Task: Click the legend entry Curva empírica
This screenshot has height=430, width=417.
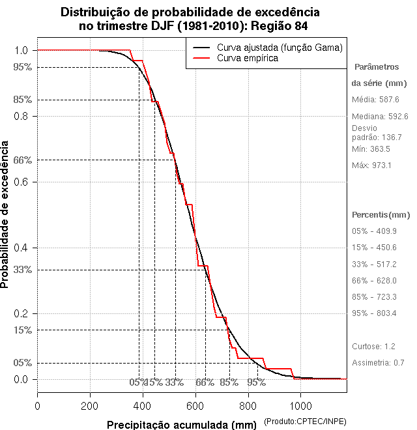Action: (x=247, y=59)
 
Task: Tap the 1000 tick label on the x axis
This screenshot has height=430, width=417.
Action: (x=300, y=405)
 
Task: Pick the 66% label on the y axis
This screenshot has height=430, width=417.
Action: (x=22, y=160)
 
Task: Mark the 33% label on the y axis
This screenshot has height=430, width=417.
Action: (x=22, y=270)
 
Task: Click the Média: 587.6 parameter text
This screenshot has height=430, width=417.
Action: (x=375, y=100)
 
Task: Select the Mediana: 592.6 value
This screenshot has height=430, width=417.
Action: (x=380, y=117)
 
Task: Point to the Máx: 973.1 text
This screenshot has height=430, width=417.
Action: (x=371, y=165)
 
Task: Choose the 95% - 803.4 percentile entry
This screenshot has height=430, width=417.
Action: (x=374, y=313)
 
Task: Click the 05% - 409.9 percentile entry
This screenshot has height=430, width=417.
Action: (x=374, y=231)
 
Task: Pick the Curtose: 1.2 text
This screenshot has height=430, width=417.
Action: (x=373, y=347)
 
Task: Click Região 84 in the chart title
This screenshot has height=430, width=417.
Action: (x=276, y=26)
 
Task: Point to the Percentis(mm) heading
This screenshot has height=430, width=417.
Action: (x=381, y=214)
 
